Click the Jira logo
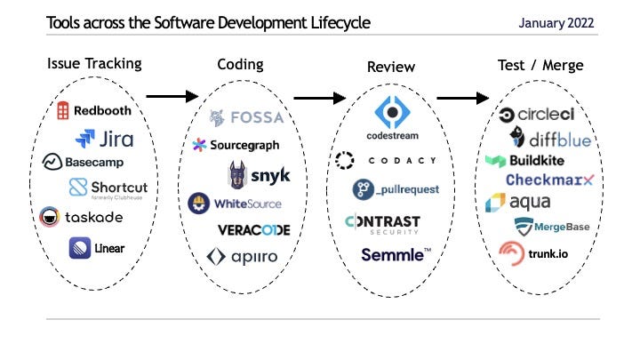click(x=103, y=138)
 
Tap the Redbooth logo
click(x=95, y=111)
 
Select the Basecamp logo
click(x=82, y=162)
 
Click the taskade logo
click(x=81, y=216)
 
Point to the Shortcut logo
click(x=108, y=188)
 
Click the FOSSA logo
click(x=246, y=117)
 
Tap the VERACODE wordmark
click(x=253, y=229)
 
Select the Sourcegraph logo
click(x=236, y=144)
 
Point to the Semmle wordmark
click(x=396, y=254)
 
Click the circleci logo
click(x=535, y=114)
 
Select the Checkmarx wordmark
click(x=548, y=180)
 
